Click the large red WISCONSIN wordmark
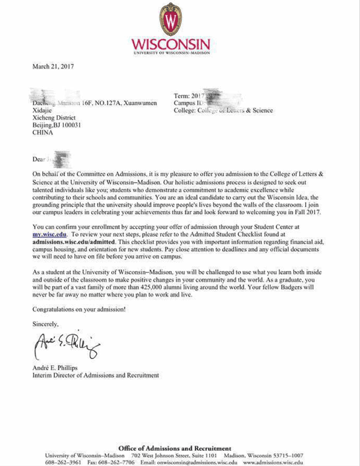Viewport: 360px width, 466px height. tap(171, 44)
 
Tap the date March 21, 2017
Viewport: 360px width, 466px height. tap(53, 66)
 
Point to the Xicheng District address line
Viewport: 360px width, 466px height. tap(55, 118)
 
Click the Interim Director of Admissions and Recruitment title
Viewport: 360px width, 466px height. tap(96, 375)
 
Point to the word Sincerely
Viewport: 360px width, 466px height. tap(45, 323)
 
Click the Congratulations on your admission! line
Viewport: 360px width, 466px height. tap(79, 309)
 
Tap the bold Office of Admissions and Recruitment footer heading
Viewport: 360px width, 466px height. tap(174, 448)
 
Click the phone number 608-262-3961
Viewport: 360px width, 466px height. tap(63, 462)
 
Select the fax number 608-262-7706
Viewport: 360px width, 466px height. tap(117, 462)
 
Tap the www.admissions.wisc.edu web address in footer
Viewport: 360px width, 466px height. tap(273, 462)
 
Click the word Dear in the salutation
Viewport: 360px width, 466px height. tap(38, 159)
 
